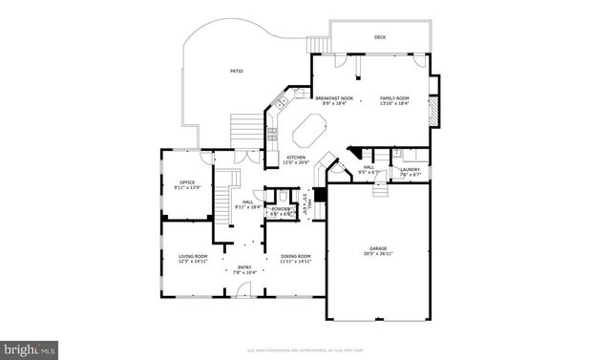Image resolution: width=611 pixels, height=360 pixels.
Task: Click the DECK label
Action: click(x=379, y=38)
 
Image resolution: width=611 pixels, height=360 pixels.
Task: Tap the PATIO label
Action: click(x=236, y=72)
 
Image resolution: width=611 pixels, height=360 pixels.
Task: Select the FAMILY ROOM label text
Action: click(x=394, y=97)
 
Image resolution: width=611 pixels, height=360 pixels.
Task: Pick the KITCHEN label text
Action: click(x=297, y=158)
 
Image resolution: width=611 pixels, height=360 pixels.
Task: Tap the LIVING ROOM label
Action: click(x=194, y=256)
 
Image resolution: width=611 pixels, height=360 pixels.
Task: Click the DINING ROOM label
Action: click(x=296, y=256)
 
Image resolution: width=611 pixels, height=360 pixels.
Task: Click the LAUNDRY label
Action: click(x=410, y=170)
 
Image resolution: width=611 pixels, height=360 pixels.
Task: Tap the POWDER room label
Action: click(x=281, y=208)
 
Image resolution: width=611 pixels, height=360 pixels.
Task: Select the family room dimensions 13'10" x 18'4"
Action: click(x=394, y=103)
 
